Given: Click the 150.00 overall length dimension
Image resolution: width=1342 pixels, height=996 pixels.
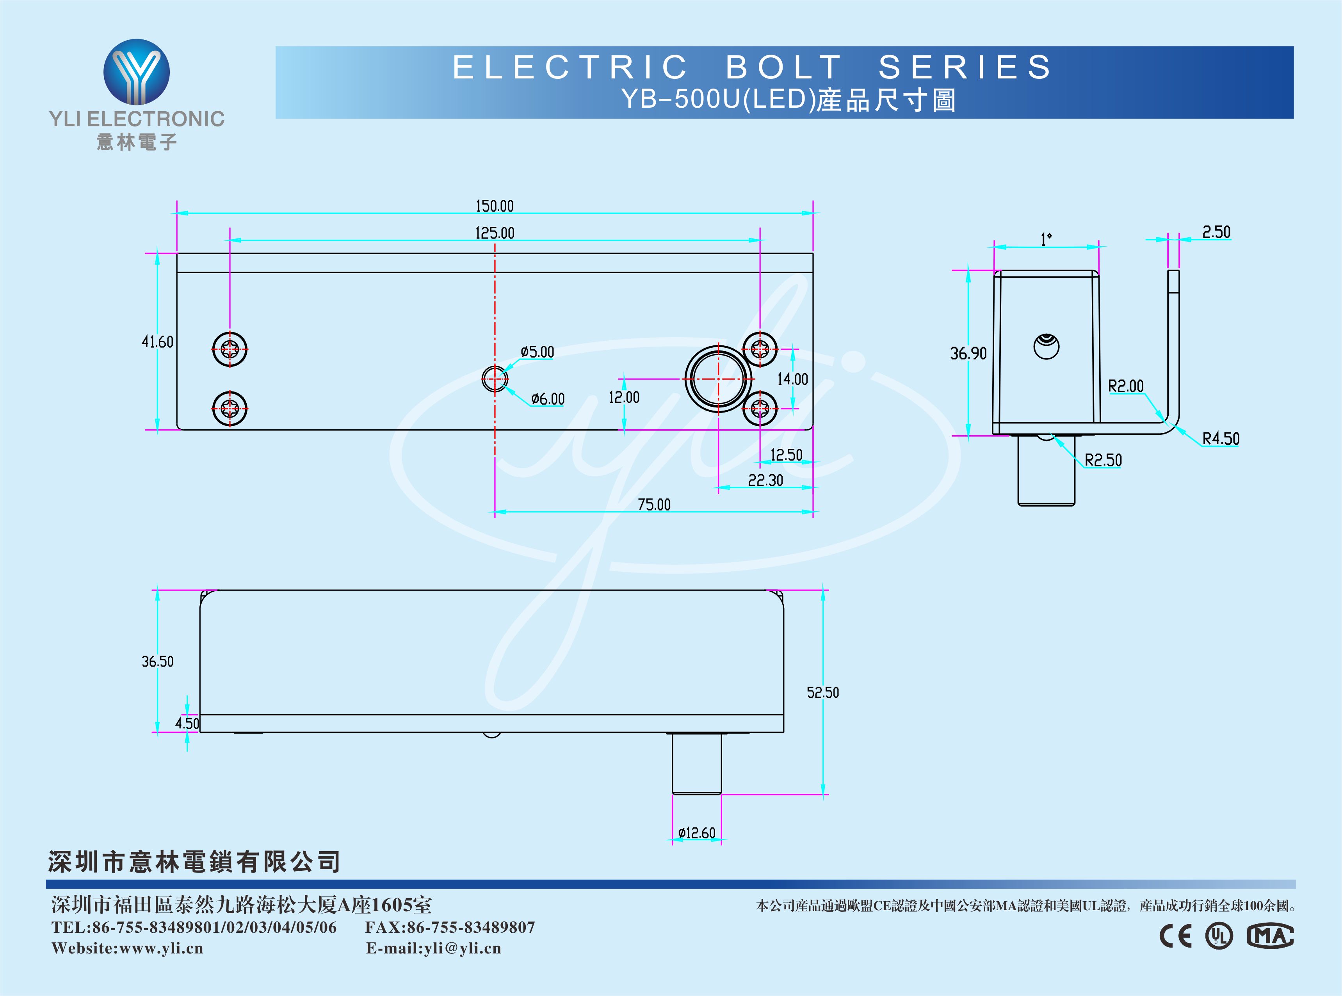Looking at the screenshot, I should (x=494, y=206).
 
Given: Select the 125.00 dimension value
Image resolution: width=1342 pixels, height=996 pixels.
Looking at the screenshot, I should (x=494, y=233).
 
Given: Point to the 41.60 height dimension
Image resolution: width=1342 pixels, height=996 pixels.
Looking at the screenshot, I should (x=157, y=342).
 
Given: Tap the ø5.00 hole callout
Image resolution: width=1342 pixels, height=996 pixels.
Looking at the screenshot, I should (x=537, y=352).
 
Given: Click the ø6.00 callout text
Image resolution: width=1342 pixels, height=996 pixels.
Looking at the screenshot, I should (x=548, y=399).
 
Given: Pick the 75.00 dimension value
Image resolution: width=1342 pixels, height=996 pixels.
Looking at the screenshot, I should (x=654, y=505).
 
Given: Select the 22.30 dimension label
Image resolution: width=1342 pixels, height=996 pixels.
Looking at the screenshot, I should (x=765, y=480).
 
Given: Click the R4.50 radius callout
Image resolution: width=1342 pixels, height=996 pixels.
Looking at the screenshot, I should (x=1221, y=438).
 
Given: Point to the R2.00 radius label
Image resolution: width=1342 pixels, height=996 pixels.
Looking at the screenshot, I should (x=1126, y=386).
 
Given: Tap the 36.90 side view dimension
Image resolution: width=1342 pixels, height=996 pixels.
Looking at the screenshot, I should (x=968, y=353).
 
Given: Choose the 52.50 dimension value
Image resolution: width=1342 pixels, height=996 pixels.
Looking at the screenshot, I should (x=823, y=693).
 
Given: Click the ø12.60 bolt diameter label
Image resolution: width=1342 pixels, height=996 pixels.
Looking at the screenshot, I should (x=697, y=833).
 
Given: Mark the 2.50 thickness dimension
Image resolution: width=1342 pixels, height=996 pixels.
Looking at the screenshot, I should (x=1216, y=233).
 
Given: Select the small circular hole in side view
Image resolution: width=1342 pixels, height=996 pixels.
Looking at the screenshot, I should (x=1046, y=347).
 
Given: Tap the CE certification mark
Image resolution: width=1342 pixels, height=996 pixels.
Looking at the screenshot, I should (x=1176, y=936).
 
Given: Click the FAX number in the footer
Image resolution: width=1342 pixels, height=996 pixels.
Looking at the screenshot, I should (x=450, y=927).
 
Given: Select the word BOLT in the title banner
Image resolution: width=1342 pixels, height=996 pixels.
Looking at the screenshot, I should (x=784, y=67).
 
